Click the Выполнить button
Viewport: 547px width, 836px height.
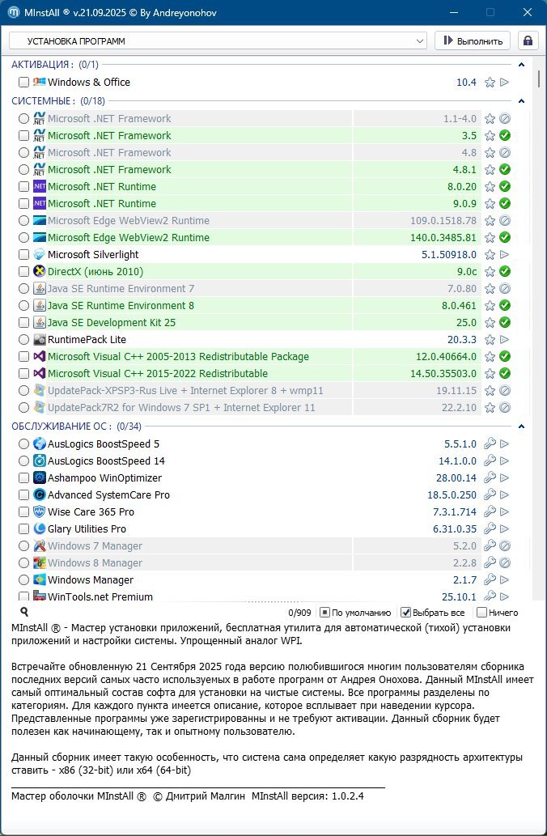pos(473,40)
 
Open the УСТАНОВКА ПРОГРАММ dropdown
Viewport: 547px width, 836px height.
pos(218,40)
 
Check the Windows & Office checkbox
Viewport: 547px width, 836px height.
pos(24,83)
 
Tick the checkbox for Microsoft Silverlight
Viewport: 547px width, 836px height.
pos(24,255)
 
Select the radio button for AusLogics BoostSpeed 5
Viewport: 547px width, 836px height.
pos(24,443)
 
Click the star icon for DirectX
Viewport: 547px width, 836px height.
pos(490,272)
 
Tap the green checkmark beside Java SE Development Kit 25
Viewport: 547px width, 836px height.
pos(505,323)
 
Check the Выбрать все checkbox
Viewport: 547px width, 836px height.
pos(406,613)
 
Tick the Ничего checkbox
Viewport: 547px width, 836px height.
pos(482,613)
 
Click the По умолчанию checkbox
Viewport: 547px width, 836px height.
pos(324,613)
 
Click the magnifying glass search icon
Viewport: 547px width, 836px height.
pos(24,613)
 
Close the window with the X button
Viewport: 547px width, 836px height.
pos(527,13)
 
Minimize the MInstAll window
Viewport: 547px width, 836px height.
pos(452,13)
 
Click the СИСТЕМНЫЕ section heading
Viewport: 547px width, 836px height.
pos(42,101)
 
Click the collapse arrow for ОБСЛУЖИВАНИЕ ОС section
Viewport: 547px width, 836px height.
pos(522,426)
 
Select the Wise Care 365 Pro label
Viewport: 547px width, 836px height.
pos(91,512)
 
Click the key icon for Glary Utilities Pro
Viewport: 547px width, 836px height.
pos(490,529)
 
